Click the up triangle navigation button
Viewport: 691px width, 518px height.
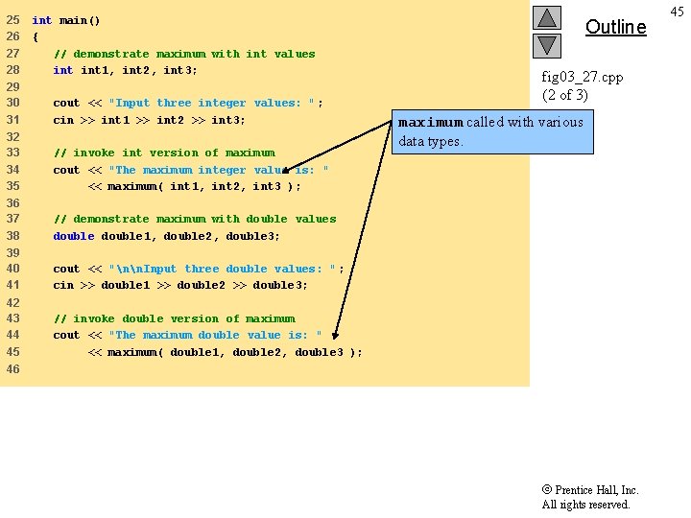[546, 17]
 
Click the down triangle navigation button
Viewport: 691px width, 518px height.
[546, 44]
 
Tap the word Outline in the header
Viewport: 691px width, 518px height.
[615, 27]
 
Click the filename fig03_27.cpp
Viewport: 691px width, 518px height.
[582, 77]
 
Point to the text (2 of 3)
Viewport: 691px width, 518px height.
[565, 95]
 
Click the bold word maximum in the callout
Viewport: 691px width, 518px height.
[431, 123]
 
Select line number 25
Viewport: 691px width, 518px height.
[12, 20]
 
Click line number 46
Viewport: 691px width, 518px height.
[12, 369]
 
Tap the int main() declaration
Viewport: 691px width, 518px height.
[65, 20]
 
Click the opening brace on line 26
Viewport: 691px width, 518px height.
[36, 37]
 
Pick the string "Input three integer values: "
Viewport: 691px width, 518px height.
[216, 104]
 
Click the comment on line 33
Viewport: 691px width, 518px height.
[164, 153]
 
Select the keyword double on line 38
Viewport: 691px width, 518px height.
[74, 236]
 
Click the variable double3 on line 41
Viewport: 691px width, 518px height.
[280, 285]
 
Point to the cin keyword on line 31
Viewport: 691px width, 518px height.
[63, 120]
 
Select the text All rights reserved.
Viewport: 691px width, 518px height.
[585, 505]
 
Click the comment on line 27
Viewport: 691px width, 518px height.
[184, 54]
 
